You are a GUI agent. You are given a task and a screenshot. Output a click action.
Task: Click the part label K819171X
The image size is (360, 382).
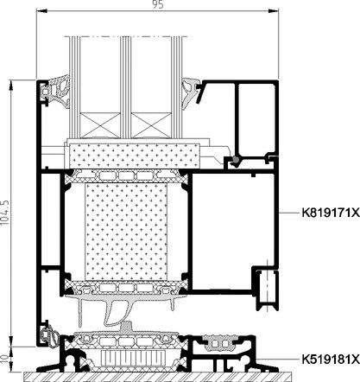331,213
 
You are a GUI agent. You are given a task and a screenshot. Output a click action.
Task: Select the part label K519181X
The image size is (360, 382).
331,360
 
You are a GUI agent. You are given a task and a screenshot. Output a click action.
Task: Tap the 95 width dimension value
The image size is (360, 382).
158,4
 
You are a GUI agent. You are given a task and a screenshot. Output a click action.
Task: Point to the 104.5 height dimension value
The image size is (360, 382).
5,213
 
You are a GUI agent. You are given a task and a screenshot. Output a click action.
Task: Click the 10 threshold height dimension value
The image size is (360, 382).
5,359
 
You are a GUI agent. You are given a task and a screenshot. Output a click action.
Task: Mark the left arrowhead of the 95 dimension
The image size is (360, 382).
41,11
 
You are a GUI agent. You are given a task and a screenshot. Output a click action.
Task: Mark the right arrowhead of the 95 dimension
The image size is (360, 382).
274,11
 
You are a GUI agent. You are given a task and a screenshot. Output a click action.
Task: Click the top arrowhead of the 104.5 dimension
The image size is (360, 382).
11,86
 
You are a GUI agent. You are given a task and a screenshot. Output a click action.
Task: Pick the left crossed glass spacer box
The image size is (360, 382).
100,125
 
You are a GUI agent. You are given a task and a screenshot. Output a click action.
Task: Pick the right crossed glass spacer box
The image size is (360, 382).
151,125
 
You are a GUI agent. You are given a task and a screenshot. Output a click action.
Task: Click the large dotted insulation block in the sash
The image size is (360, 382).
126,232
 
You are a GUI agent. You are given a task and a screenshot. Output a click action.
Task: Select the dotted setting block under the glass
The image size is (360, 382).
135,156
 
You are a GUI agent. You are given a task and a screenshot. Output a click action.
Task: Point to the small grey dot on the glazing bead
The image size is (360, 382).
236,159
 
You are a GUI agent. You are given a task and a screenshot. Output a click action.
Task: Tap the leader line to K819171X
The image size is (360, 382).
289,213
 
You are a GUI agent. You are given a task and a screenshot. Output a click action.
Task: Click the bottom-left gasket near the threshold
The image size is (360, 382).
49,335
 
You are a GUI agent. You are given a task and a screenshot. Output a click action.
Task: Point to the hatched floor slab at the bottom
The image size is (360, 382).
157,377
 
